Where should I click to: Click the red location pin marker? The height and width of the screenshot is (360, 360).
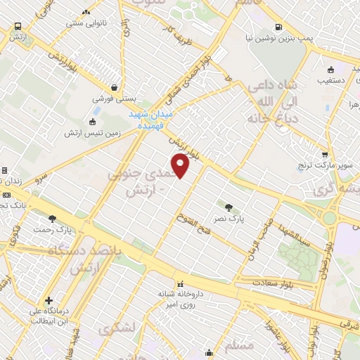click(181, 166)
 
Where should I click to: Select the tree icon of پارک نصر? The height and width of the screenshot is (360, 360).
click(229, 207)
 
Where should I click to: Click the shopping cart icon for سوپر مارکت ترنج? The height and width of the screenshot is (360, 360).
click(324, 155)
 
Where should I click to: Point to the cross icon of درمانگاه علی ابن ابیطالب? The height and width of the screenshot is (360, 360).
click(49, 301)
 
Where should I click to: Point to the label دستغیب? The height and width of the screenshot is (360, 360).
click(330, 81)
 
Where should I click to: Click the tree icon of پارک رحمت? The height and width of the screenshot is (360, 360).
click(52, 219)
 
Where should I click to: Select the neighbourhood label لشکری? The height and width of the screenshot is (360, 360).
click(115, 328)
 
